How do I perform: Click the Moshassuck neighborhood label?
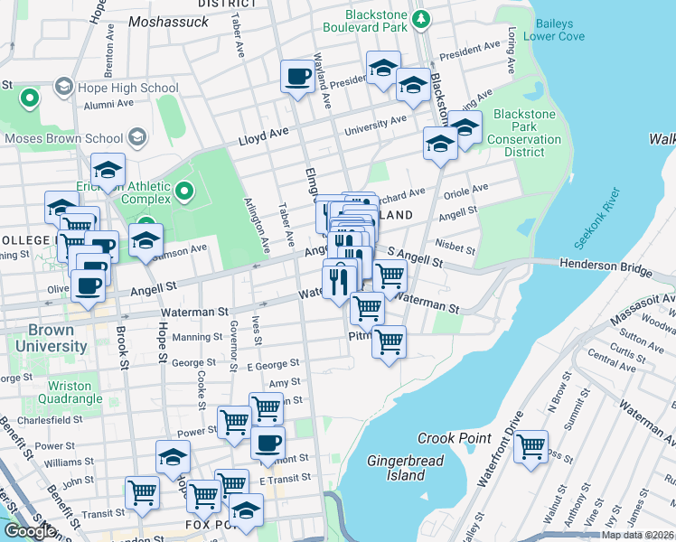168,20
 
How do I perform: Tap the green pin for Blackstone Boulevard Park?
419,18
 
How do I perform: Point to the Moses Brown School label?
63,138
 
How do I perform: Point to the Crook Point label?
453,438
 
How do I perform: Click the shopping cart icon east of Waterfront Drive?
530,445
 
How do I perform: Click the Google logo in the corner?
29,531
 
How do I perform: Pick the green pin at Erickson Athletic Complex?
184,191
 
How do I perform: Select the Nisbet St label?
455,247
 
